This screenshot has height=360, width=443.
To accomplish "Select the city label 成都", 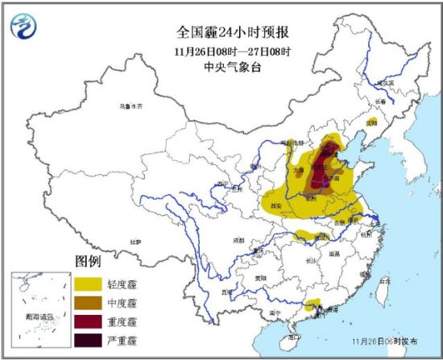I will point(238,239).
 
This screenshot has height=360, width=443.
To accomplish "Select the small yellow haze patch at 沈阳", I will point(371,124).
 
